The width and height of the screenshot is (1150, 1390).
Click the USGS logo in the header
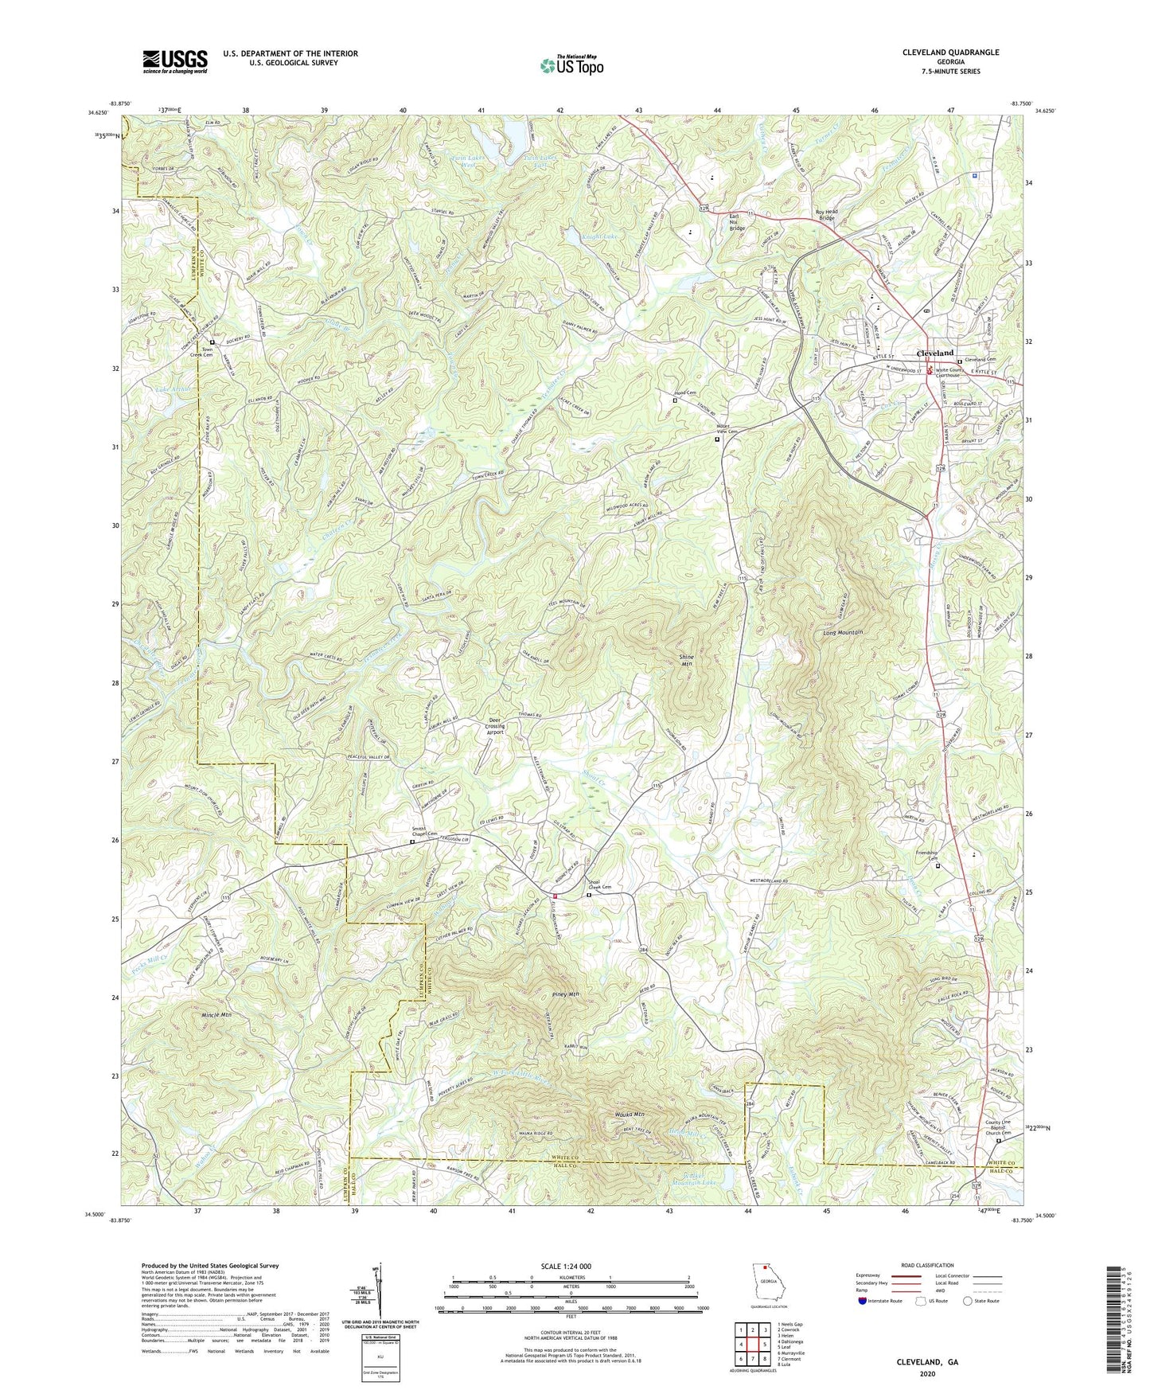point(175,61)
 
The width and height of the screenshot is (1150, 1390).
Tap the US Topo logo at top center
point(571,64)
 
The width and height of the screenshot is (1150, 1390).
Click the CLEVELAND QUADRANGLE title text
point(950,53)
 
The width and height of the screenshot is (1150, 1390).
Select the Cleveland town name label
point(935,353)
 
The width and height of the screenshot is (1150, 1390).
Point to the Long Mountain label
point(843,632)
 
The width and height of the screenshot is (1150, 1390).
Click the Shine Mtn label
point(686,660)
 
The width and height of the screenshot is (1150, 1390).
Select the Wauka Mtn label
point(630,1114)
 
